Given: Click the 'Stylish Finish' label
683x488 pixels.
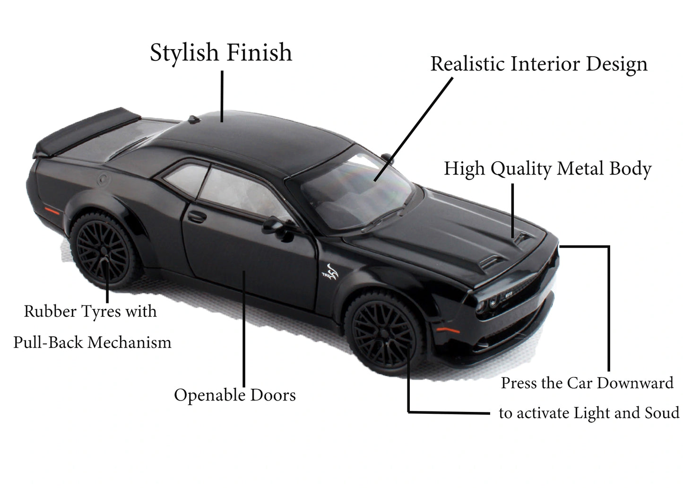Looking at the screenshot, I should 221,52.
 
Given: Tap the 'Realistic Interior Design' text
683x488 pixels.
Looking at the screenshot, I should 538,64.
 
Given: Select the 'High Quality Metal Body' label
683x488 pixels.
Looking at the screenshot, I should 547,169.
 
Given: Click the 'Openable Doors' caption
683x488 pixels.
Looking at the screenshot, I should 234,395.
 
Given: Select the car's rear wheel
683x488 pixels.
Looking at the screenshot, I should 103,251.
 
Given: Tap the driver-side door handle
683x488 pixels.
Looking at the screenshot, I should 197,217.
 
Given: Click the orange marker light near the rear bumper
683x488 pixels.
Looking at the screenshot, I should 50,208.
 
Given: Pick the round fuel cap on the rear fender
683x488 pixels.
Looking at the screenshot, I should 102,180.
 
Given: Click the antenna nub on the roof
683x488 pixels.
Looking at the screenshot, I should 192,119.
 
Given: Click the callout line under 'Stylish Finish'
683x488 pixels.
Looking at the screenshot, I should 222,95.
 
